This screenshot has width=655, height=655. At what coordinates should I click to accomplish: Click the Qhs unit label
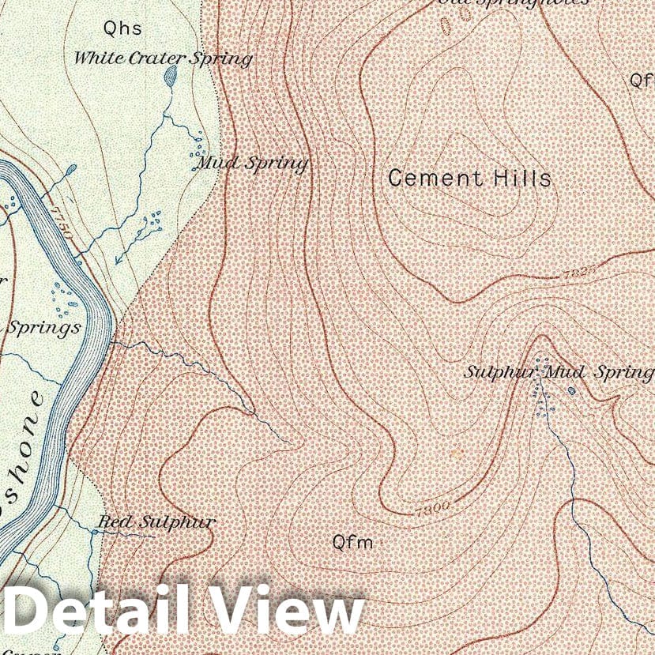tap(122, 29)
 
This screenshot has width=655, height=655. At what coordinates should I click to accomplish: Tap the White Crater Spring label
tap(163, 58)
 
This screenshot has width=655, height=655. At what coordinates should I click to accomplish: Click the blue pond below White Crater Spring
tap(170, 76)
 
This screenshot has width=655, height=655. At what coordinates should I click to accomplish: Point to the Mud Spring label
tap(251, 164)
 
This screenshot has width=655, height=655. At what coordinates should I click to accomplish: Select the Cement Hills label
tap(469, 178)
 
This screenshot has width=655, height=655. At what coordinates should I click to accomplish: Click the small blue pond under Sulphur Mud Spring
tap(572, 390)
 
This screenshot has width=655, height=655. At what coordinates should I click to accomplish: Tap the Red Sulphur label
tap(156, 521)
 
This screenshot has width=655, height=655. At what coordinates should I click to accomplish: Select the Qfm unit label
tap(352, 542)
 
